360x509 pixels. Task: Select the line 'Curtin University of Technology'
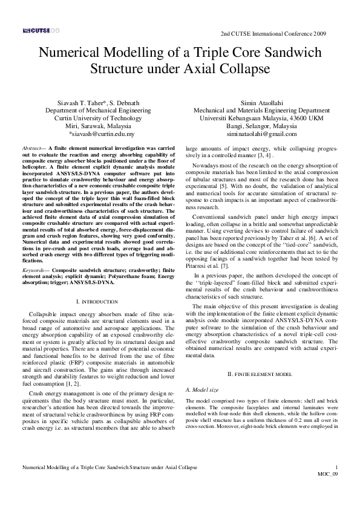pos(102,118)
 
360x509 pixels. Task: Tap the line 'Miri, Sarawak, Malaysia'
pos(102,126)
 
